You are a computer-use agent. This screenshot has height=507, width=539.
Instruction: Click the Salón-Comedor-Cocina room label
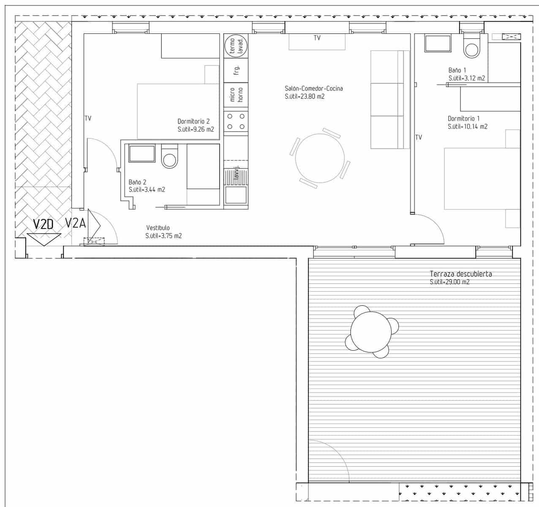tap(313, 89)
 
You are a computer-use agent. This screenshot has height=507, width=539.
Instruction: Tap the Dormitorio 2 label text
tap(193, 121)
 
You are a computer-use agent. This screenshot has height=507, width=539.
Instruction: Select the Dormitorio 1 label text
tap(463, 119)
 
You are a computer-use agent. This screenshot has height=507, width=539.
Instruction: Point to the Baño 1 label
tap(457, 70)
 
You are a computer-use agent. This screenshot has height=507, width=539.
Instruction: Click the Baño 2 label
tap(137, 182)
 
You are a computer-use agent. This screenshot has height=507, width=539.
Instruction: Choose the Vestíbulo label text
tap(158, 228)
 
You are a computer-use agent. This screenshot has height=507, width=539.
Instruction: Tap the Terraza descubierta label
tap(460, 274)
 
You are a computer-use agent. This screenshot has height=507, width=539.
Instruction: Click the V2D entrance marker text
tap(44, 224)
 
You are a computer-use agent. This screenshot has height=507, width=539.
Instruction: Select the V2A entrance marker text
tap(75, 223)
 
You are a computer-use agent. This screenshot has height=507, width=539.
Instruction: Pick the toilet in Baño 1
tap(472, 47)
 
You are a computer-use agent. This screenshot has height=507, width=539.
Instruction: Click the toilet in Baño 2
tap(170, 156)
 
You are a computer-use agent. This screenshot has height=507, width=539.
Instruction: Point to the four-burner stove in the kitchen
tap(236, 121)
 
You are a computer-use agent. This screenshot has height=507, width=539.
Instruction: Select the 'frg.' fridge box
tap(236, 70)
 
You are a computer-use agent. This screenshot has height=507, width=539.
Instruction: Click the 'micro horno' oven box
tap(236, 95)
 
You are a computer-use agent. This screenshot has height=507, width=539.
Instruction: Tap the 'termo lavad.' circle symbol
tap(236, 46)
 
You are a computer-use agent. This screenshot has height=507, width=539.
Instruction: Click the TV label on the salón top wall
tap(317, 38)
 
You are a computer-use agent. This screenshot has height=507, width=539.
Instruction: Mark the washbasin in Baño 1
tap(438, 44)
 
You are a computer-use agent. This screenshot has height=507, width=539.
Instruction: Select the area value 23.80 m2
tap(305, 97)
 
